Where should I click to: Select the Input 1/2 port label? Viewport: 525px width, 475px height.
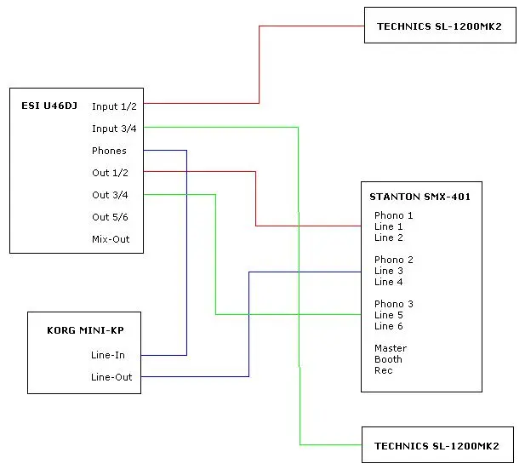(114, 106)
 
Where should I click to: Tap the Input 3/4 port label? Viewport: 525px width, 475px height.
(114, 129)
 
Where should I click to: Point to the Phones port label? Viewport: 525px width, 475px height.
(109, 151)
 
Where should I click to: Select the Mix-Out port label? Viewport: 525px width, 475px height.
(111, 239)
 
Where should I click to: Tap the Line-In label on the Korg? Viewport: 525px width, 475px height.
(108, 355)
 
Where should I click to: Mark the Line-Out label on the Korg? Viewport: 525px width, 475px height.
(111, 377)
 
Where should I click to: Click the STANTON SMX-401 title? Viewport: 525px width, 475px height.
(419, 197)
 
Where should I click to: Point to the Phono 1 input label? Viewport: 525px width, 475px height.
(394, 215)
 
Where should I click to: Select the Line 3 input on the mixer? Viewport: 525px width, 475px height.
(389, 271)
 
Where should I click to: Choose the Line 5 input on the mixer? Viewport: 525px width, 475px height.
(389, 315)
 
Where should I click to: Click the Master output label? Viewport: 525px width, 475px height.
(391, 348)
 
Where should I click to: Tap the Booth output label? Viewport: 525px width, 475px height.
(389, 359)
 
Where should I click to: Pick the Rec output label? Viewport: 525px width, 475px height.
(384, 370)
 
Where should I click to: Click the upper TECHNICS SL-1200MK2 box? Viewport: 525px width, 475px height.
(439, 26)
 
